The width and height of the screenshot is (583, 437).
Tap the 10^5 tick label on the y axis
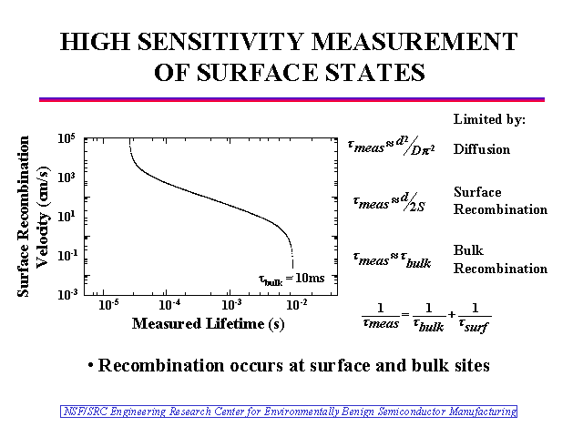pos(66,138)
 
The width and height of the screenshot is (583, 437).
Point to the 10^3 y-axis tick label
pos(66,178)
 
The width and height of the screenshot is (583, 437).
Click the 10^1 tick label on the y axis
pos(66,217)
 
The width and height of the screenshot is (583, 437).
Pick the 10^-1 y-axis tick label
pos(66,256)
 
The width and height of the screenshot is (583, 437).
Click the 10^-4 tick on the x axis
pos(169,303)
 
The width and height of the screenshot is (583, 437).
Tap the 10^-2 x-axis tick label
pos(294,303)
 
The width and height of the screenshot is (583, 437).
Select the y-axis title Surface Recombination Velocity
pos(33,217)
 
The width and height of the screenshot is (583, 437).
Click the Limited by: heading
pos(489,119)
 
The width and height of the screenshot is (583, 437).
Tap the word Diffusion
pos(482,149)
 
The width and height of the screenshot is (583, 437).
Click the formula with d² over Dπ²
pos(390,147)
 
